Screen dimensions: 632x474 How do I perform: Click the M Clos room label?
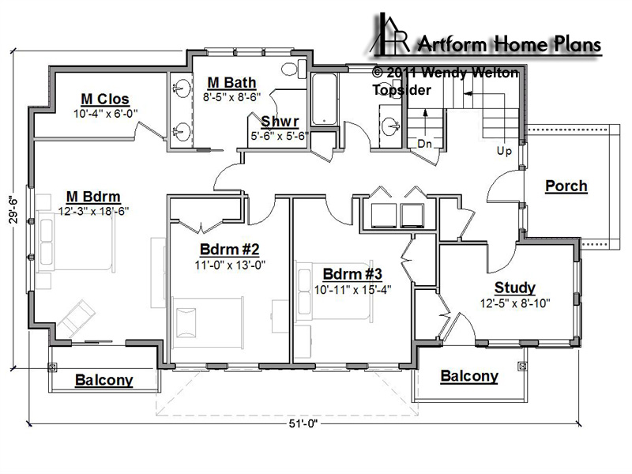[x=105, y=100]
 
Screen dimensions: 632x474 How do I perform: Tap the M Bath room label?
[x=231, y=83]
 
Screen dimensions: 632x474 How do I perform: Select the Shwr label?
[x=280, y=122]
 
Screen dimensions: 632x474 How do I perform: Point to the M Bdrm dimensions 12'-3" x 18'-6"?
[x=93, y=211]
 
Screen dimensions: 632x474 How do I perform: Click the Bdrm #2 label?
[x=230, y=250]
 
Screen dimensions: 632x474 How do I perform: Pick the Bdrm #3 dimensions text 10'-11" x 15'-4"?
[x=352, y=290]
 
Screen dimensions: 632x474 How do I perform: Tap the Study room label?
[x=515, y=288]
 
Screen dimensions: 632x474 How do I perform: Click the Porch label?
[x=566, y=186]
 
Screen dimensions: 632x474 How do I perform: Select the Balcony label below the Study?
[x=469, y=376]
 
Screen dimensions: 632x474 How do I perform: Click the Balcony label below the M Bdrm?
[x=104, y=380]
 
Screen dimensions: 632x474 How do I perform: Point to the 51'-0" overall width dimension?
[x=303, y=423]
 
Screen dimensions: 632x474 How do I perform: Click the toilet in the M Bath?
[x=294, y=69]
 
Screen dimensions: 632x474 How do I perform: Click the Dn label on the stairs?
[x=424, y=144]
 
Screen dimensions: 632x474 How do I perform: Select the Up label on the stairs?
[x=504, y=151]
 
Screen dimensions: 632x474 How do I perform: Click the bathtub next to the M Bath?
[x=324, y=100]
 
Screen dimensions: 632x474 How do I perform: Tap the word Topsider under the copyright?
[x=401, y=90]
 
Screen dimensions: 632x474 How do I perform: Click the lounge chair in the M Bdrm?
[x=77, y=318]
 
